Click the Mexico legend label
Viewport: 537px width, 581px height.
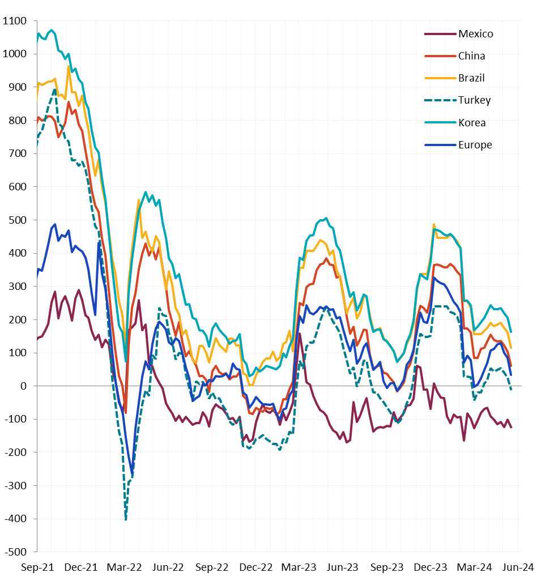(476, 34)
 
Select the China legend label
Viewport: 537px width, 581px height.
(471, 56)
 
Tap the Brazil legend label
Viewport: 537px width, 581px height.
(471, 78)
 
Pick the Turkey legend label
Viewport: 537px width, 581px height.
(475, 100)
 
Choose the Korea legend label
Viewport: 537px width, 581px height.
(472, 123)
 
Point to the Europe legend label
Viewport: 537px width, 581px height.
(475, 145)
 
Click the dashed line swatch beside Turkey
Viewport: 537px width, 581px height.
(440, 100)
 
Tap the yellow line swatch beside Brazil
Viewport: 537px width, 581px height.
(440, 78)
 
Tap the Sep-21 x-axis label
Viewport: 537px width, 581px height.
(37, 567)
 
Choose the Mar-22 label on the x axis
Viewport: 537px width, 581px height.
(124, 567)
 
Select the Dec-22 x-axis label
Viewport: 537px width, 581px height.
(255, 567)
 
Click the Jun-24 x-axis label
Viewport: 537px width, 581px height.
(518, 567)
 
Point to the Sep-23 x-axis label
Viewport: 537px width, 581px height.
(387, 567)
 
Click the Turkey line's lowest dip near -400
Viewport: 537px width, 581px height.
(126, 519)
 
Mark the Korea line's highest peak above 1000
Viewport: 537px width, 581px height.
(52, 30)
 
